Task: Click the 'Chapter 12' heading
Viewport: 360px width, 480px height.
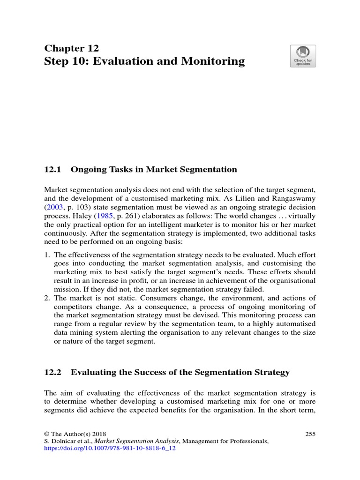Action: [71, 48]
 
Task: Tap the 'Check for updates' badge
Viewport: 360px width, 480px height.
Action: [303, 56]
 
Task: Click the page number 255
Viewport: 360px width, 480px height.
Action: [310, 434]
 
